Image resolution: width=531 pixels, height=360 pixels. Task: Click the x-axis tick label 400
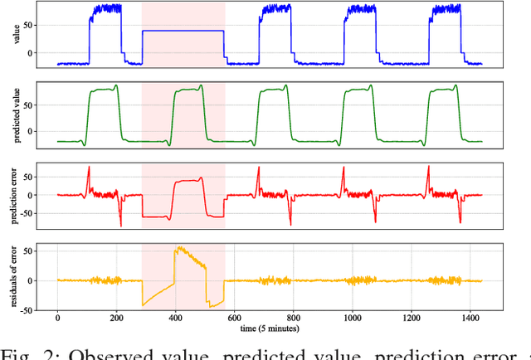[x=176, y=319]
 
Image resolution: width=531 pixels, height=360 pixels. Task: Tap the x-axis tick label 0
[x=57, y=319]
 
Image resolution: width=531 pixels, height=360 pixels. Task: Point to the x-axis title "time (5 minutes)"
[x=269, y=328]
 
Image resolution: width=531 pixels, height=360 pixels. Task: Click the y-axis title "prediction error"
[x=11, y=196]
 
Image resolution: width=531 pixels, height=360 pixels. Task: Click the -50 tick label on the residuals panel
[x=27, y=310]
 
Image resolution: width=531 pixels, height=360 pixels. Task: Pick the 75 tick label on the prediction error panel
[x=30, y=177]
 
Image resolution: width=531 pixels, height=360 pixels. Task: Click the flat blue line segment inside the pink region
[x=183, y=31]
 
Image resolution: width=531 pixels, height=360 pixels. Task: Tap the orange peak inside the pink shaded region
[x=176, y=247]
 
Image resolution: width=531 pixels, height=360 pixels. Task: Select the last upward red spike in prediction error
[x=428, y=168]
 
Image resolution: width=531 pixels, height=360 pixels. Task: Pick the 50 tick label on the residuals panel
[x=30, y=251]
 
